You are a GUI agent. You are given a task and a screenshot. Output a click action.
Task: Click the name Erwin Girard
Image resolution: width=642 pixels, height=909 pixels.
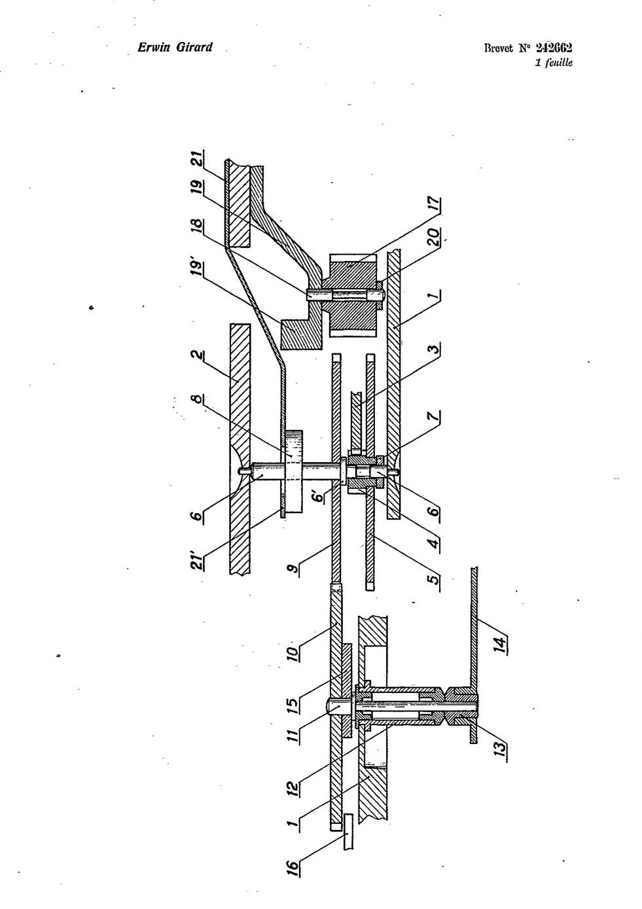(175, 47)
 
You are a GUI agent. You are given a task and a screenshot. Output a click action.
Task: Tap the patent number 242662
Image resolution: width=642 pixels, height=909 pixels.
(554, 48)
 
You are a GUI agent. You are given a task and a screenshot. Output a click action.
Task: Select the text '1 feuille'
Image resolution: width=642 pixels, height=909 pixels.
(554, 62)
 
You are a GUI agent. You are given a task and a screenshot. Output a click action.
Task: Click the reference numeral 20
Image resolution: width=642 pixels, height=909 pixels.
(434, 237)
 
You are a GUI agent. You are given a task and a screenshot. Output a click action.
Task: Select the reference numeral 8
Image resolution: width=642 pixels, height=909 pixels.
(197, 400)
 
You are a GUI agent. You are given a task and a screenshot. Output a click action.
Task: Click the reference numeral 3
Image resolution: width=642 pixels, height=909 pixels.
(434, 349)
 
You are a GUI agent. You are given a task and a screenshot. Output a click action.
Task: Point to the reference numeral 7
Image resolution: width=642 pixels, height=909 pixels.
(434, 416)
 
